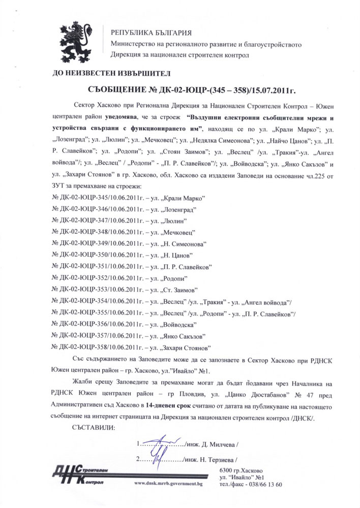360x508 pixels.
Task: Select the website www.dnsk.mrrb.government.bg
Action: tap(168, 484)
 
